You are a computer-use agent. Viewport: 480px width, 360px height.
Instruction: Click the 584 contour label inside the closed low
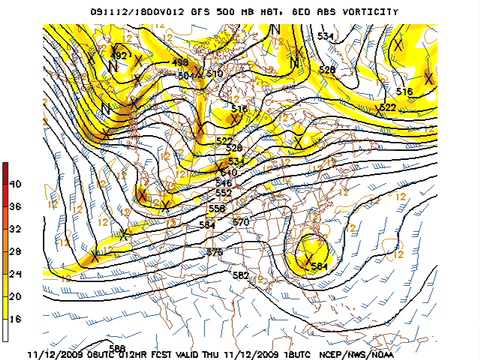(x=319, y=267)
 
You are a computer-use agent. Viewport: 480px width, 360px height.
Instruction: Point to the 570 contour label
(x=240, y=221)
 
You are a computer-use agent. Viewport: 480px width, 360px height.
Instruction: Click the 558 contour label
(x=216, y=208)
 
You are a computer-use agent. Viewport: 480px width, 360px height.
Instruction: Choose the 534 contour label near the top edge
(x=325, y=36)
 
